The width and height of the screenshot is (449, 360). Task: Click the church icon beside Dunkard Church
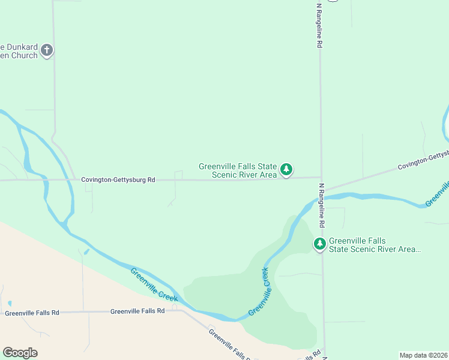click(47, 50)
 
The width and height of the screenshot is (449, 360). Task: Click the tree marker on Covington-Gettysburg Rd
click(287, 170)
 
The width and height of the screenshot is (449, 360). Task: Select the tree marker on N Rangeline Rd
click(320, 244)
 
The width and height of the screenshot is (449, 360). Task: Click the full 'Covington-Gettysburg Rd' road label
click(118, 179)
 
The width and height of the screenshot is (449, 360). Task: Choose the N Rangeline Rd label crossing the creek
click(322, 205)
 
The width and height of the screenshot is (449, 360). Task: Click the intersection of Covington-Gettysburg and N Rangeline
click(321, 178)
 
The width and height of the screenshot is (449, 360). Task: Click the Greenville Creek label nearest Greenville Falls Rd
click(154, 284)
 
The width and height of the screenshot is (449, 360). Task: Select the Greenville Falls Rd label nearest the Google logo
click(32, 313)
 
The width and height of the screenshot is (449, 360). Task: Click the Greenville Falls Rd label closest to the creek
click(137, 311)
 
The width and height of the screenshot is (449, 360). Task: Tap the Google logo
click(20, 353)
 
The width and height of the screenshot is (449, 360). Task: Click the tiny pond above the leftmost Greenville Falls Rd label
click(9, 304)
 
